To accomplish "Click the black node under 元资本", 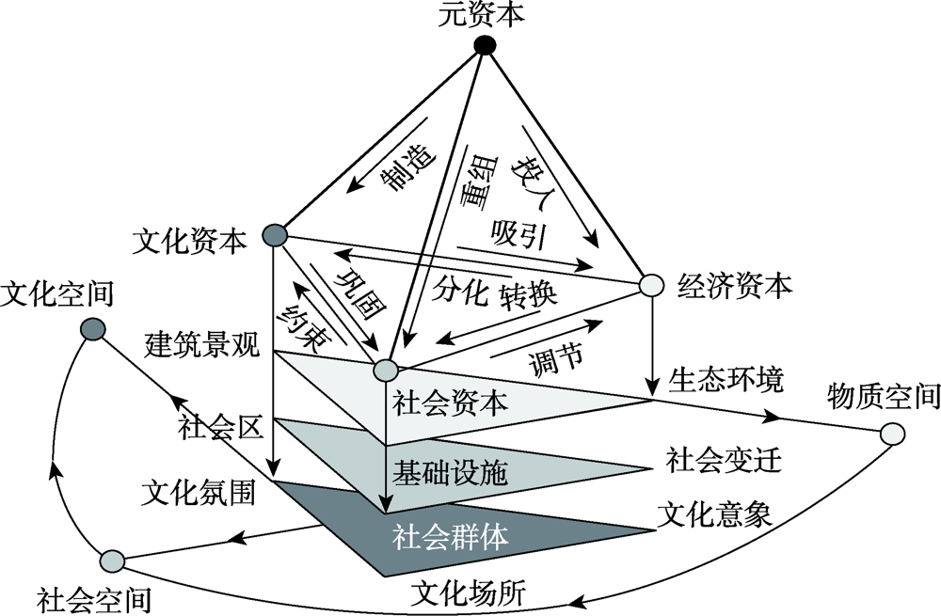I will (485, 45).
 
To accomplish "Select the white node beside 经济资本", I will (651, 284).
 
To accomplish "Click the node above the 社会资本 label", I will (384, 371).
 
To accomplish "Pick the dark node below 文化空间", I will (92, 328).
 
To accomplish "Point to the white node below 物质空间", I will (892, 434).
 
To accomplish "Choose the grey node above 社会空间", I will (112, 561).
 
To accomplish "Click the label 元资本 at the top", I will (484, 15).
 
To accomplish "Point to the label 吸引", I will (519, 234).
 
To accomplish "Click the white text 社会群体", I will (450, 536).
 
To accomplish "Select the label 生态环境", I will (726, 381).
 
